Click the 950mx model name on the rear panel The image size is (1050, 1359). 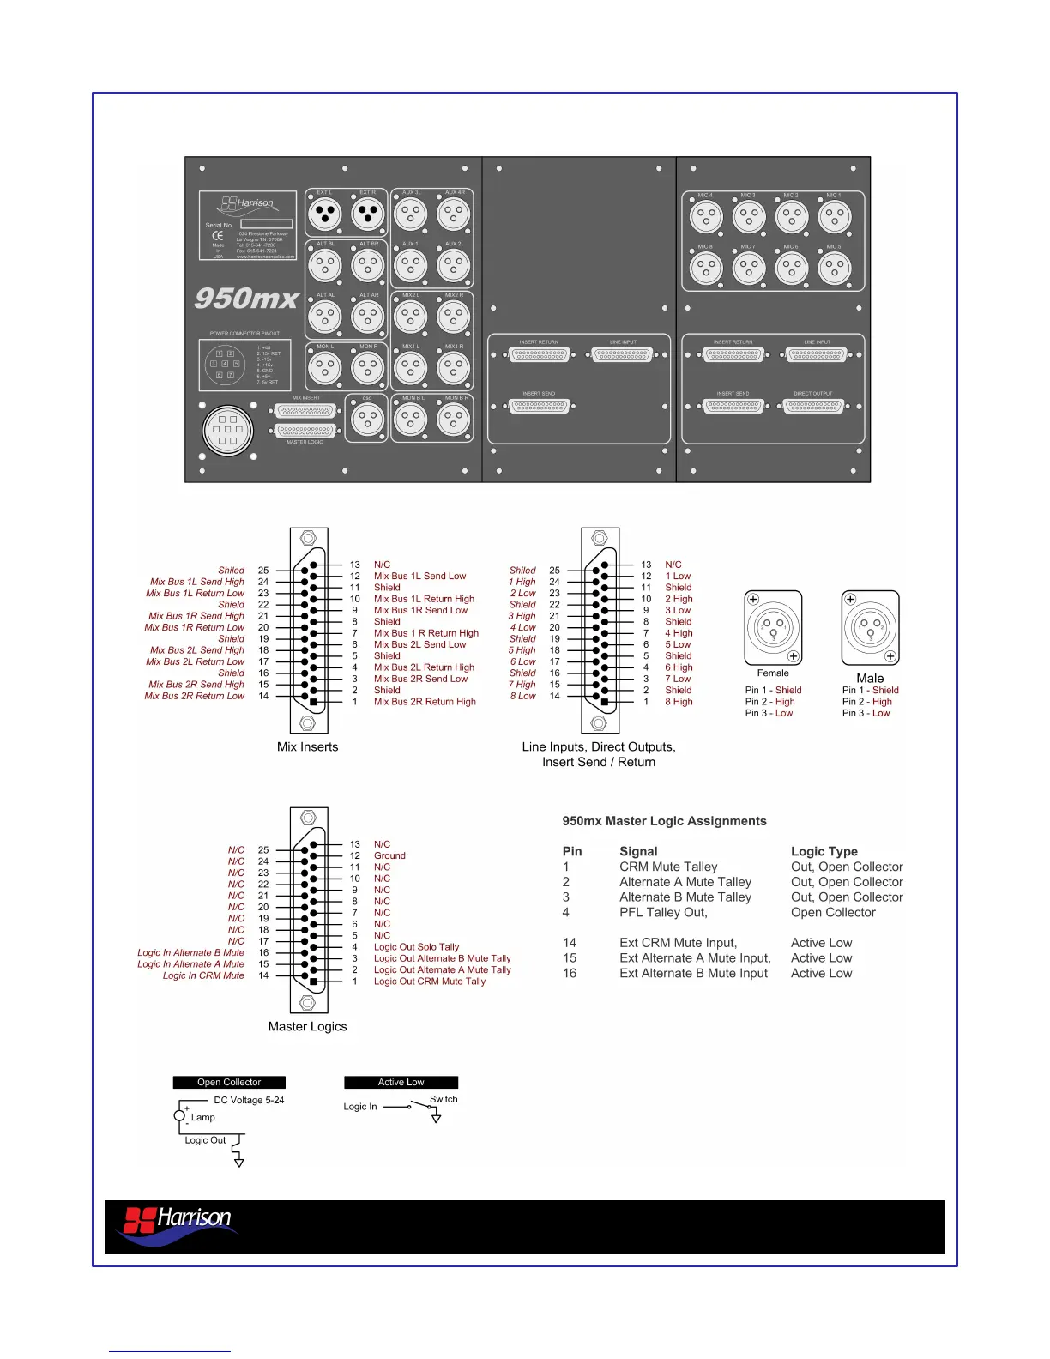246,299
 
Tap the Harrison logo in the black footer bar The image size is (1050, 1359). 178,1223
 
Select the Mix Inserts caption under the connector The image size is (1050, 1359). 307,747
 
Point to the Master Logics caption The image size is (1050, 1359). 307,1027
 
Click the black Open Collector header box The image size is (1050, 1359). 229,1083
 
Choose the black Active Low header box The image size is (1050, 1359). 401,1083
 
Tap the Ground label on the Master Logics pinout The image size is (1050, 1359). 389,856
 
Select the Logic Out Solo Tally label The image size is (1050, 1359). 416,947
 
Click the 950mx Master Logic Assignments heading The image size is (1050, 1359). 664,821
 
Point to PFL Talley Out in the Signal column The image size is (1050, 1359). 663,913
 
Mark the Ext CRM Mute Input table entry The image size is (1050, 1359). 678,943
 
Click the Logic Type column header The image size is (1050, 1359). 824,852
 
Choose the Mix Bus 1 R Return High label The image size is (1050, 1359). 425,633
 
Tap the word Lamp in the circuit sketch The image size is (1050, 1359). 203,1118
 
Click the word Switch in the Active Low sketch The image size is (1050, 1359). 444,1099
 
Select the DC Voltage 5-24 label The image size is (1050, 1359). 249,1101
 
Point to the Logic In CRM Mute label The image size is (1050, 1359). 203,975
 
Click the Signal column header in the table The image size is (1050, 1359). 638,852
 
